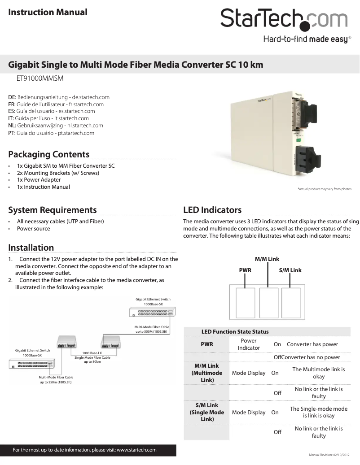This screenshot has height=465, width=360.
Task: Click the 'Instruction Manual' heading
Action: [x=48, y=12]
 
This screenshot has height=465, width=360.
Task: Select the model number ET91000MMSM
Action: [x=40, y=79]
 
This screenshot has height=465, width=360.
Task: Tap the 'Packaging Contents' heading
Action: [x=49, y=155]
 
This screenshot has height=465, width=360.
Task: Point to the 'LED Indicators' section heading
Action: [x=212, y=210]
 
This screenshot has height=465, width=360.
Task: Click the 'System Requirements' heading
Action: [x=53, y=210]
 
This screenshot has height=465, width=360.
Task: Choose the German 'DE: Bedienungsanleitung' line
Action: [x=59, y=97]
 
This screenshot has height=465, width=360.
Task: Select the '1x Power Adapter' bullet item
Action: [x=39, y=180]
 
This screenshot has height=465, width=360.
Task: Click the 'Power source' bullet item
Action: [x=34, y=229]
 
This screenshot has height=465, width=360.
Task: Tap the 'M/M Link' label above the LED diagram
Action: [x=267, y=259]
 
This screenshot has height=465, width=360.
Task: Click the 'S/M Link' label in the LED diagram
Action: [x=290, y=270]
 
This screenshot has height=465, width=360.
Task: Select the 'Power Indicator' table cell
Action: [x=249, y=344]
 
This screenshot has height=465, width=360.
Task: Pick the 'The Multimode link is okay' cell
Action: [x=318, y=373]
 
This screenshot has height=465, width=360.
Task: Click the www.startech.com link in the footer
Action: [x=136, y=450]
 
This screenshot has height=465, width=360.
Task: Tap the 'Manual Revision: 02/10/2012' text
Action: [x=329, y=455]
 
